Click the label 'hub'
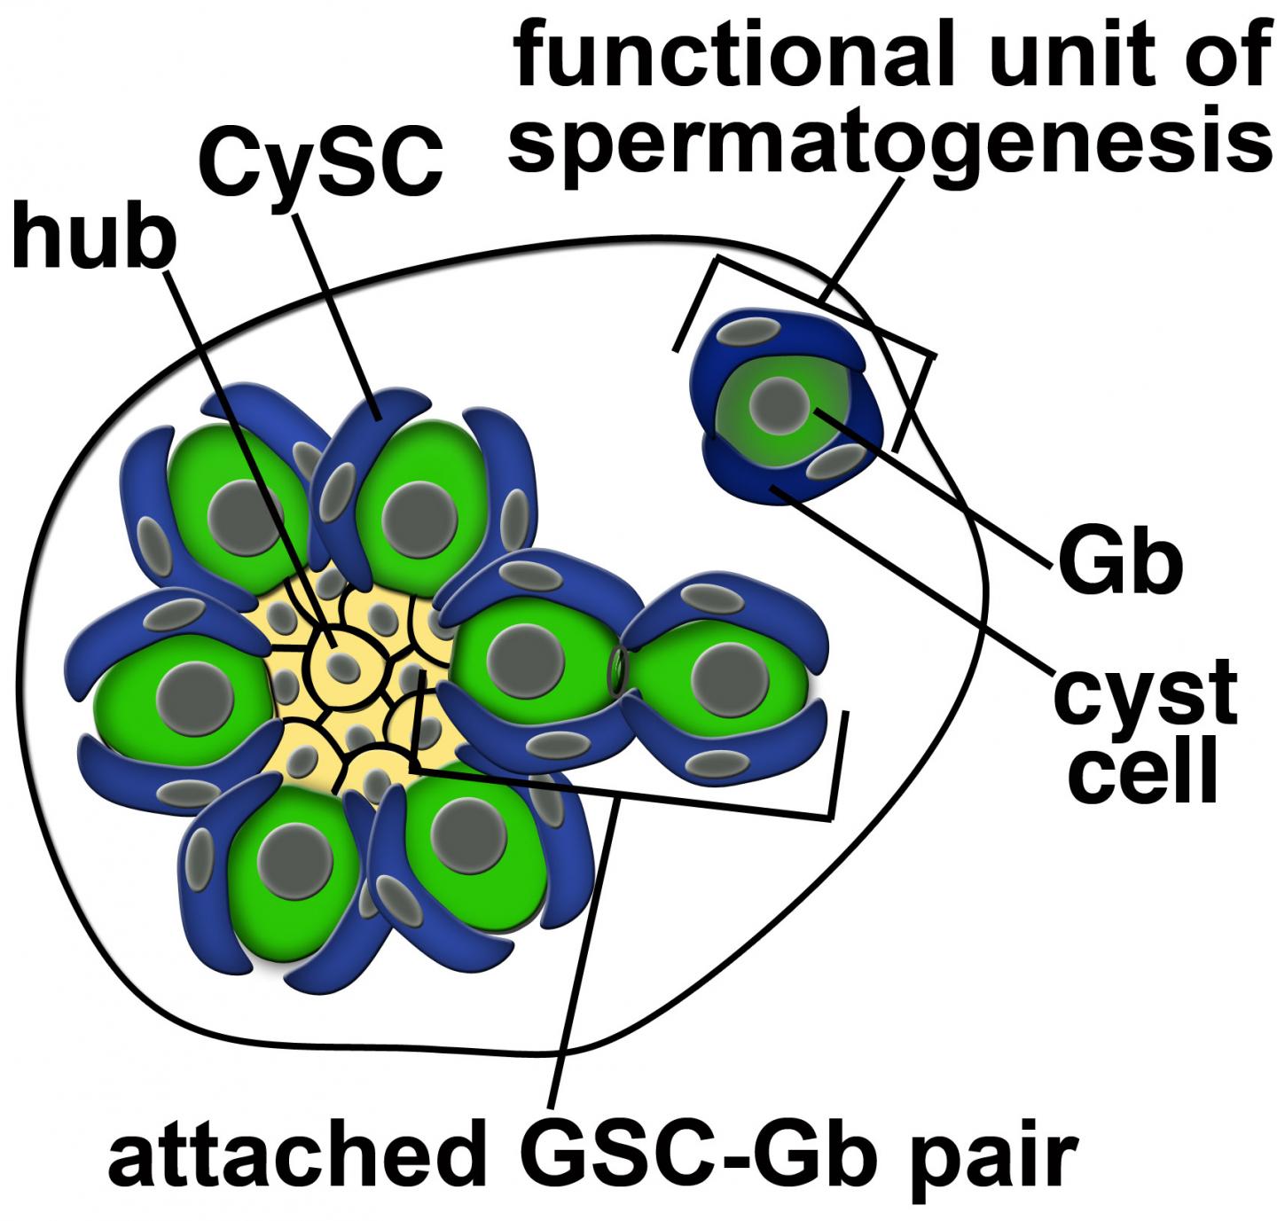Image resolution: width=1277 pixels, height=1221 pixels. pos(92,233)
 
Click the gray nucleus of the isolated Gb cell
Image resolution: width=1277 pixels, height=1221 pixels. pos(780,404)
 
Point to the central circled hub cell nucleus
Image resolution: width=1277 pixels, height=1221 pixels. pos(342,665)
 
